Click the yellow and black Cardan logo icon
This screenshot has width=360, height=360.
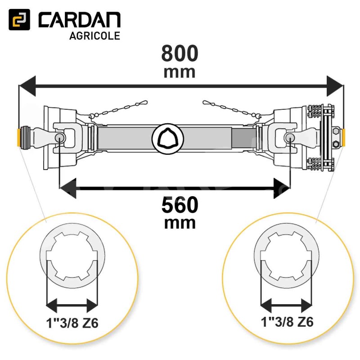click(x=19, y=20)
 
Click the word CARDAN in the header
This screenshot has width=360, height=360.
click(x=80, y=20)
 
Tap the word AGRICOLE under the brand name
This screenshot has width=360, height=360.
click(x=95, y=36)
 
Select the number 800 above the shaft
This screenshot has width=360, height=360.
click(x=180, y=53)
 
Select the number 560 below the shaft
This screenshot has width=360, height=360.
click(x=180, y=205)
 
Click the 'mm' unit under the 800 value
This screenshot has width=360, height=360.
click(x=180, y=72)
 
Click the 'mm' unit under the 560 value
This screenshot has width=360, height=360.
click(x=180, y=223)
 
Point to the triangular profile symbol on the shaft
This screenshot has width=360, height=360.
click(x=168, y=139)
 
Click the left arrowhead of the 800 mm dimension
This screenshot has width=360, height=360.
click(x=27, y=86)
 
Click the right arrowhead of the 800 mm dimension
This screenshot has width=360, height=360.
click(x=335, y=86)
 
